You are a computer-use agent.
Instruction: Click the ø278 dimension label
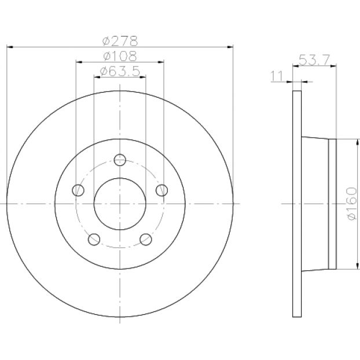tap(120, 41)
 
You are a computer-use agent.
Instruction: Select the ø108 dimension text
tap(120, 56)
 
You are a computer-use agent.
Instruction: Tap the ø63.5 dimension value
tap(120, 71)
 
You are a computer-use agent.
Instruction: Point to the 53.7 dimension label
tap(314, 60)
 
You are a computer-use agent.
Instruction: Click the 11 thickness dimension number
tap(277, 76)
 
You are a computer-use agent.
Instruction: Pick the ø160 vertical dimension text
tap(352, 204)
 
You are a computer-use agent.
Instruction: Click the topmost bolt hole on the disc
tap(120, 160)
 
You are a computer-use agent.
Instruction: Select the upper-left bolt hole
tap(78, 190)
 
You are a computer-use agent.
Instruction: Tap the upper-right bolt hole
tap(162, 190)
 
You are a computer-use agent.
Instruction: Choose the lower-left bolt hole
tap(94, 240)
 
